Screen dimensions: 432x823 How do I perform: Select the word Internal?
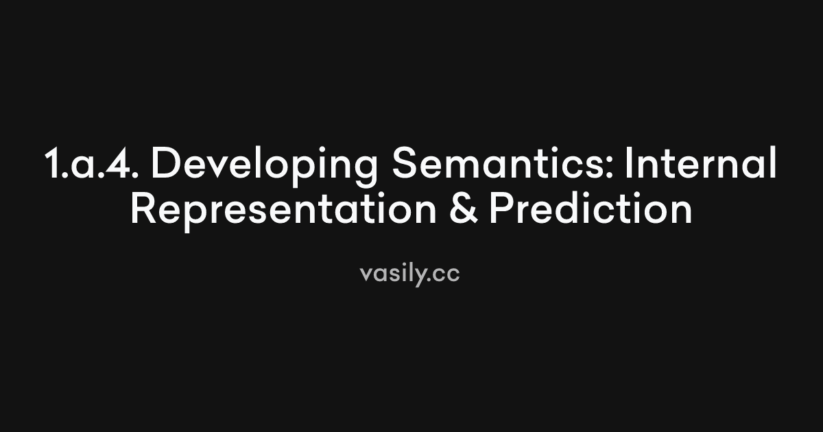coord(704,165)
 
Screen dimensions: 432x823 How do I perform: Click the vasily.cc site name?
coord(409,273)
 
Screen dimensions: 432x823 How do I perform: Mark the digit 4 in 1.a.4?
coord(117,165)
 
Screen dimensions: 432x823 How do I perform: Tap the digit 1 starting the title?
coord(53,165)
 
